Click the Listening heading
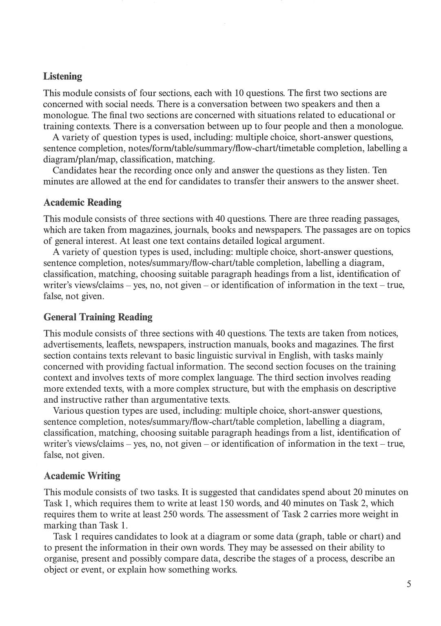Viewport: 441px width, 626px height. (62, 76)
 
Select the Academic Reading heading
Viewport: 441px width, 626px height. (82, 203)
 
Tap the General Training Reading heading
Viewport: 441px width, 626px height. (98, 317)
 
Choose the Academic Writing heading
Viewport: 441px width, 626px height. (82, 476)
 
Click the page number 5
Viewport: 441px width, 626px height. (409, 584)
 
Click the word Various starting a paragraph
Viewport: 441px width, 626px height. (69, 411)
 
